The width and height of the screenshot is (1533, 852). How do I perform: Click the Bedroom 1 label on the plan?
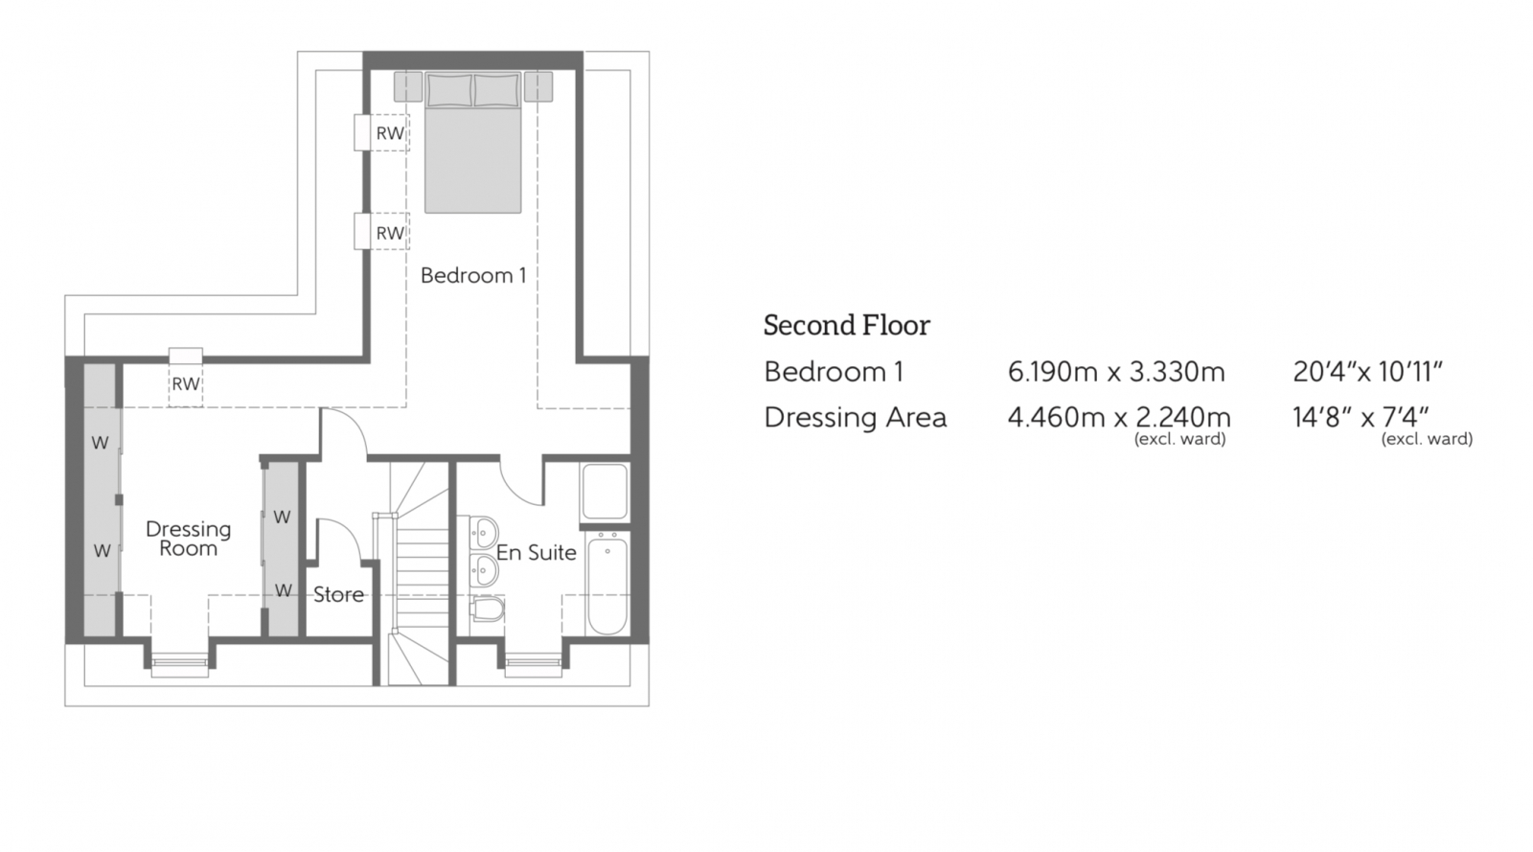(473, 276)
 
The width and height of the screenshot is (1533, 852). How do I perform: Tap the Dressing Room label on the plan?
(189, 539)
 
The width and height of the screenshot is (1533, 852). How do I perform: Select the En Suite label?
(536, 553)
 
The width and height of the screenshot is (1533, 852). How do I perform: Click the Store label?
(338, 594)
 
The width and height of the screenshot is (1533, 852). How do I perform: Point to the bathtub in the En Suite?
(606, 585)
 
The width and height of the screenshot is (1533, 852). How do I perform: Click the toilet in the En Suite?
(488, 610)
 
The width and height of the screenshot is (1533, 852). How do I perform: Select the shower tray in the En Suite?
(605, 492)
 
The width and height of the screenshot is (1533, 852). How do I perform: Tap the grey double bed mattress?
(473, 160)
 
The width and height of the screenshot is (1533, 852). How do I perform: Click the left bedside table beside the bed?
(408, 87)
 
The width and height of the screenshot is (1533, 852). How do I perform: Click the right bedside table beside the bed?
(538, 87)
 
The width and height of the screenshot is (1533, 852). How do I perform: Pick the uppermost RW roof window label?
(389, 133)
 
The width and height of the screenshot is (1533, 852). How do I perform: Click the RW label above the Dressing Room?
(186, 384)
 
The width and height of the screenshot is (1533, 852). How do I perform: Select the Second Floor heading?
(846, 326)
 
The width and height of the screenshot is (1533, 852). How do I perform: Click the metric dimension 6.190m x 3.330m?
(1115, 372)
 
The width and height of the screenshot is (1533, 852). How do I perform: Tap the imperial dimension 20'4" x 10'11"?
(1367, 372)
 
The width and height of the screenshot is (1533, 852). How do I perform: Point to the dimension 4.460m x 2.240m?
(1118, 418)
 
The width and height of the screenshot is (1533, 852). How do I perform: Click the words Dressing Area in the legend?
(855, 418)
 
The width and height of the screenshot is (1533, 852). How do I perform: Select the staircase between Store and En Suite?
(417, 575)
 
